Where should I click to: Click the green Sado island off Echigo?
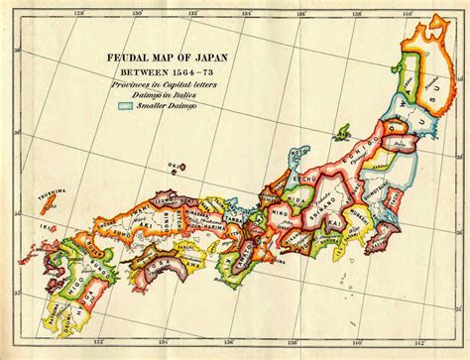click(x=342, y=131)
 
